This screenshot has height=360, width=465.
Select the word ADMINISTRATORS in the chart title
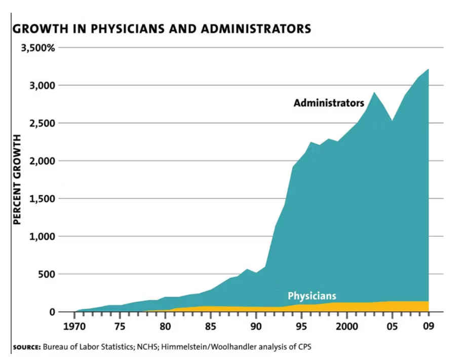pyautogui.click(x=256, y=29)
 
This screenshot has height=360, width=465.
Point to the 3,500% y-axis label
pyautogui.click(x=38, y=48)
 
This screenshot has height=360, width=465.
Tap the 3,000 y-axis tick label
pyautogui.click(x=42, y=86)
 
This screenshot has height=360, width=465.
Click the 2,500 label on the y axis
pyautogui.click(x=42, y=123)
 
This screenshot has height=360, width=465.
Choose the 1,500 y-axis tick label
pyautogui.click(x=42, y=199)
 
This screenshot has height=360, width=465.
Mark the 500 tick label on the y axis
pyautogui.click(x=47, y=274)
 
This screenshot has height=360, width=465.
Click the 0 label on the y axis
pyautogui.click(x=52, y=312)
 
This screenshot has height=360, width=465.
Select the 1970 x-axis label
pyautogui.click(x=74, y=327)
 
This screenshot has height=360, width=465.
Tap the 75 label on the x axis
pyautogui.click(x=120, y=327)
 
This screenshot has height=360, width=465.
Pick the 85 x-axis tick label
pyautogui.click(x=210, y=327)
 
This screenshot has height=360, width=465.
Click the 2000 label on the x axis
pyautogui.click(x=346, y=327)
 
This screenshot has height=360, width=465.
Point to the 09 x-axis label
pyautogui.click(x=429, y=327)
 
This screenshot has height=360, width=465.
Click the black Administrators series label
pyautogui.click(x=329, y=103)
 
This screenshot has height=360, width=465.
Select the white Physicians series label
pyautogui.click(x=312, y=296)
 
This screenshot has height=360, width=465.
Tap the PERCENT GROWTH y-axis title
pyautogui.click(x=17, y=179)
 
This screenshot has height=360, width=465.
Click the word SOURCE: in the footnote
pyautogui.click(x=27, y=347)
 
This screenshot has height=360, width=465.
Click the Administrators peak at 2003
pyautogui.click(x=374, y=92)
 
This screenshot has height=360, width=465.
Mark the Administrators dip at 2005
pyautogui.click(x=392, y=121)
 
